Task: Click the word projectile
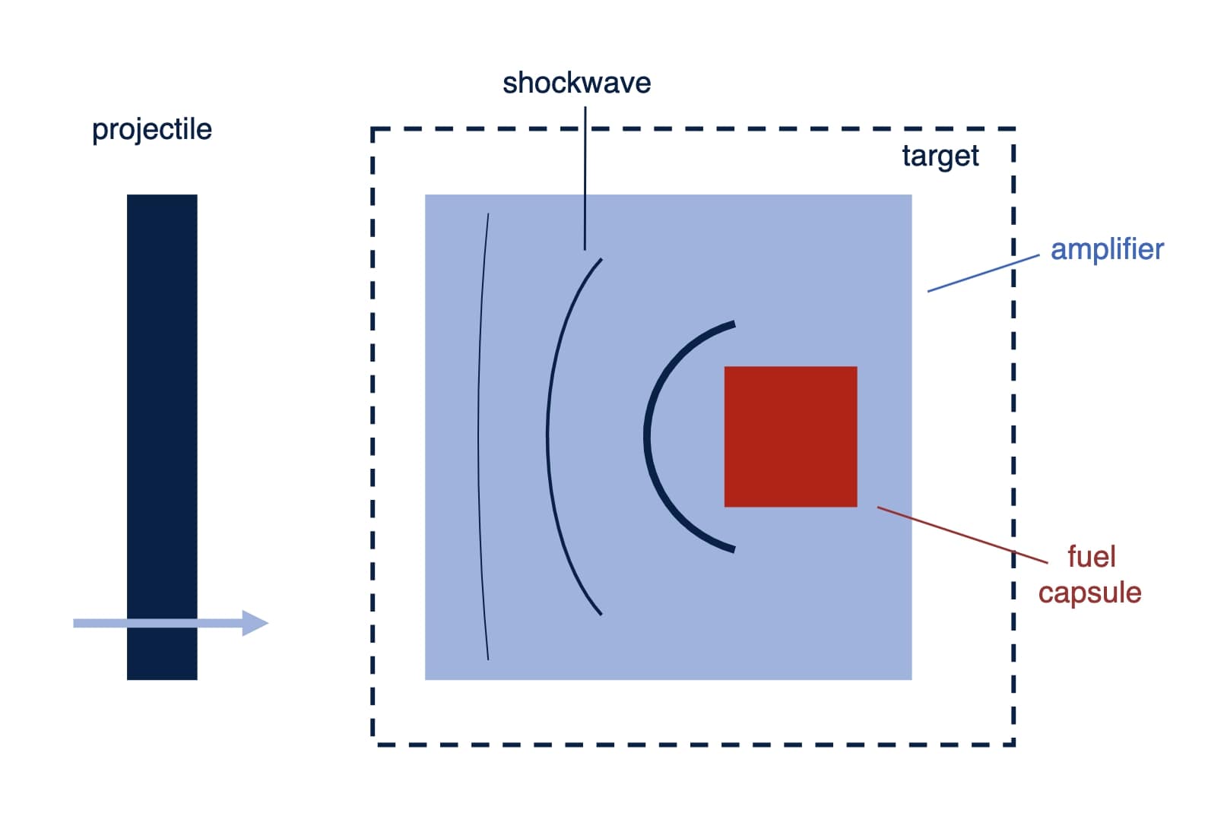pos(151,130)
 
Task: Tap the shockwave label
pos(576,83)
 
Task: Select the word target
pos(940,156)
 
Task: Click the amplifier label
pos(1106,249)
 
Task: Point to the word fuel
pos(1091,557)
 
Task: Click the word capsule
pos(1089,593)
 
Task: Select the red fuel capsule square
pos(790,436)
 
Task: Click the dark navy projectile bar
pos(162,380)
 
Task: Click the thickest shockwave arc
pos(647,436)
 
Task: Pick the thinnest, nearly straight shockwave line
pos(479,436)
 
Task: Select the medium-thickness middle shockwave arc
pos(548,436)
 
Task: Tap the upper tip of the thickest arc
pos(733,324)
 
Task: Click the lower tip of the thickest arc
pos(733,549)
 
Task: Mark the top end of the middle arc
pos(601,260)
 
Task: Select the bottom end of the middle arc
pos(601,613)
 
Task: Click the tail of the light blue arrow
pos(77,623)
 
